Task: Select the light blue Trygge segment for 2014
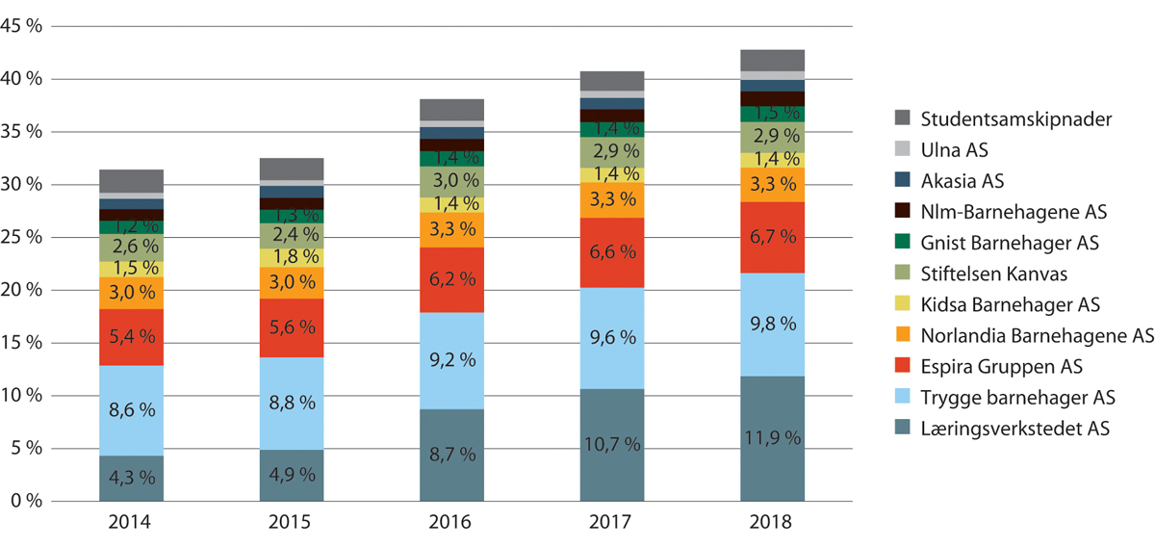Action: point(131,410)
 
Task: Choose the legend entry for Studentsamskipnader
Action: point(989,119)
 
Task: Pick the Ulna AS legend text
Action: point(955,150)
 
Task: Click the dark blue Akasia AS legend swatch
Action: point(903,181)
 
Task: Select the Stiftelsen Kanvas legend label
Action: point(991,274)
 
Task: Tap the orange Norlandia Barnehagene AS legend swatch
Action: point(903,335)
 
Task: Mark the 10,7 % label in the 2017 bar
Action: point(611,445)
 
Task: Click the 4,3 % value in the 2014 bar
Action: point(131,478)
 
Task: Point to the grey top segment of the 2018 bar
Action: point(772,60)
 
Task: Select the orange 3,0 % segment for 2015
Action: point(291,282)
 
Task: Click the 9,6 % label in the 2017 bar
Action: point(611,338)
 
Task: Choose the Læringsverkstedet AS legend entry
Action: point(1015,428)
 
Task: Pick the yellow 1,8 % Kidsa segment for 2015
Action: point(291,257)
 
